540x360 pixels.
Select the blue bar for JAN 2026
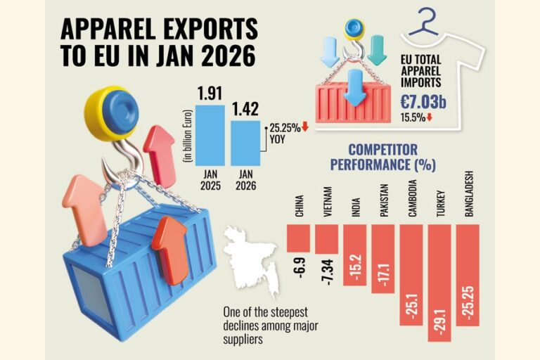(245, 139)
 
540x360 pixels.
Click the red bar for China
(300, 237)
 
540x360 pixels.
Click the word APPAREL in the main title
(113, 29)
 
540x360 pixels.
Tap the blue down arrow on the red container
(356, 88)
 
